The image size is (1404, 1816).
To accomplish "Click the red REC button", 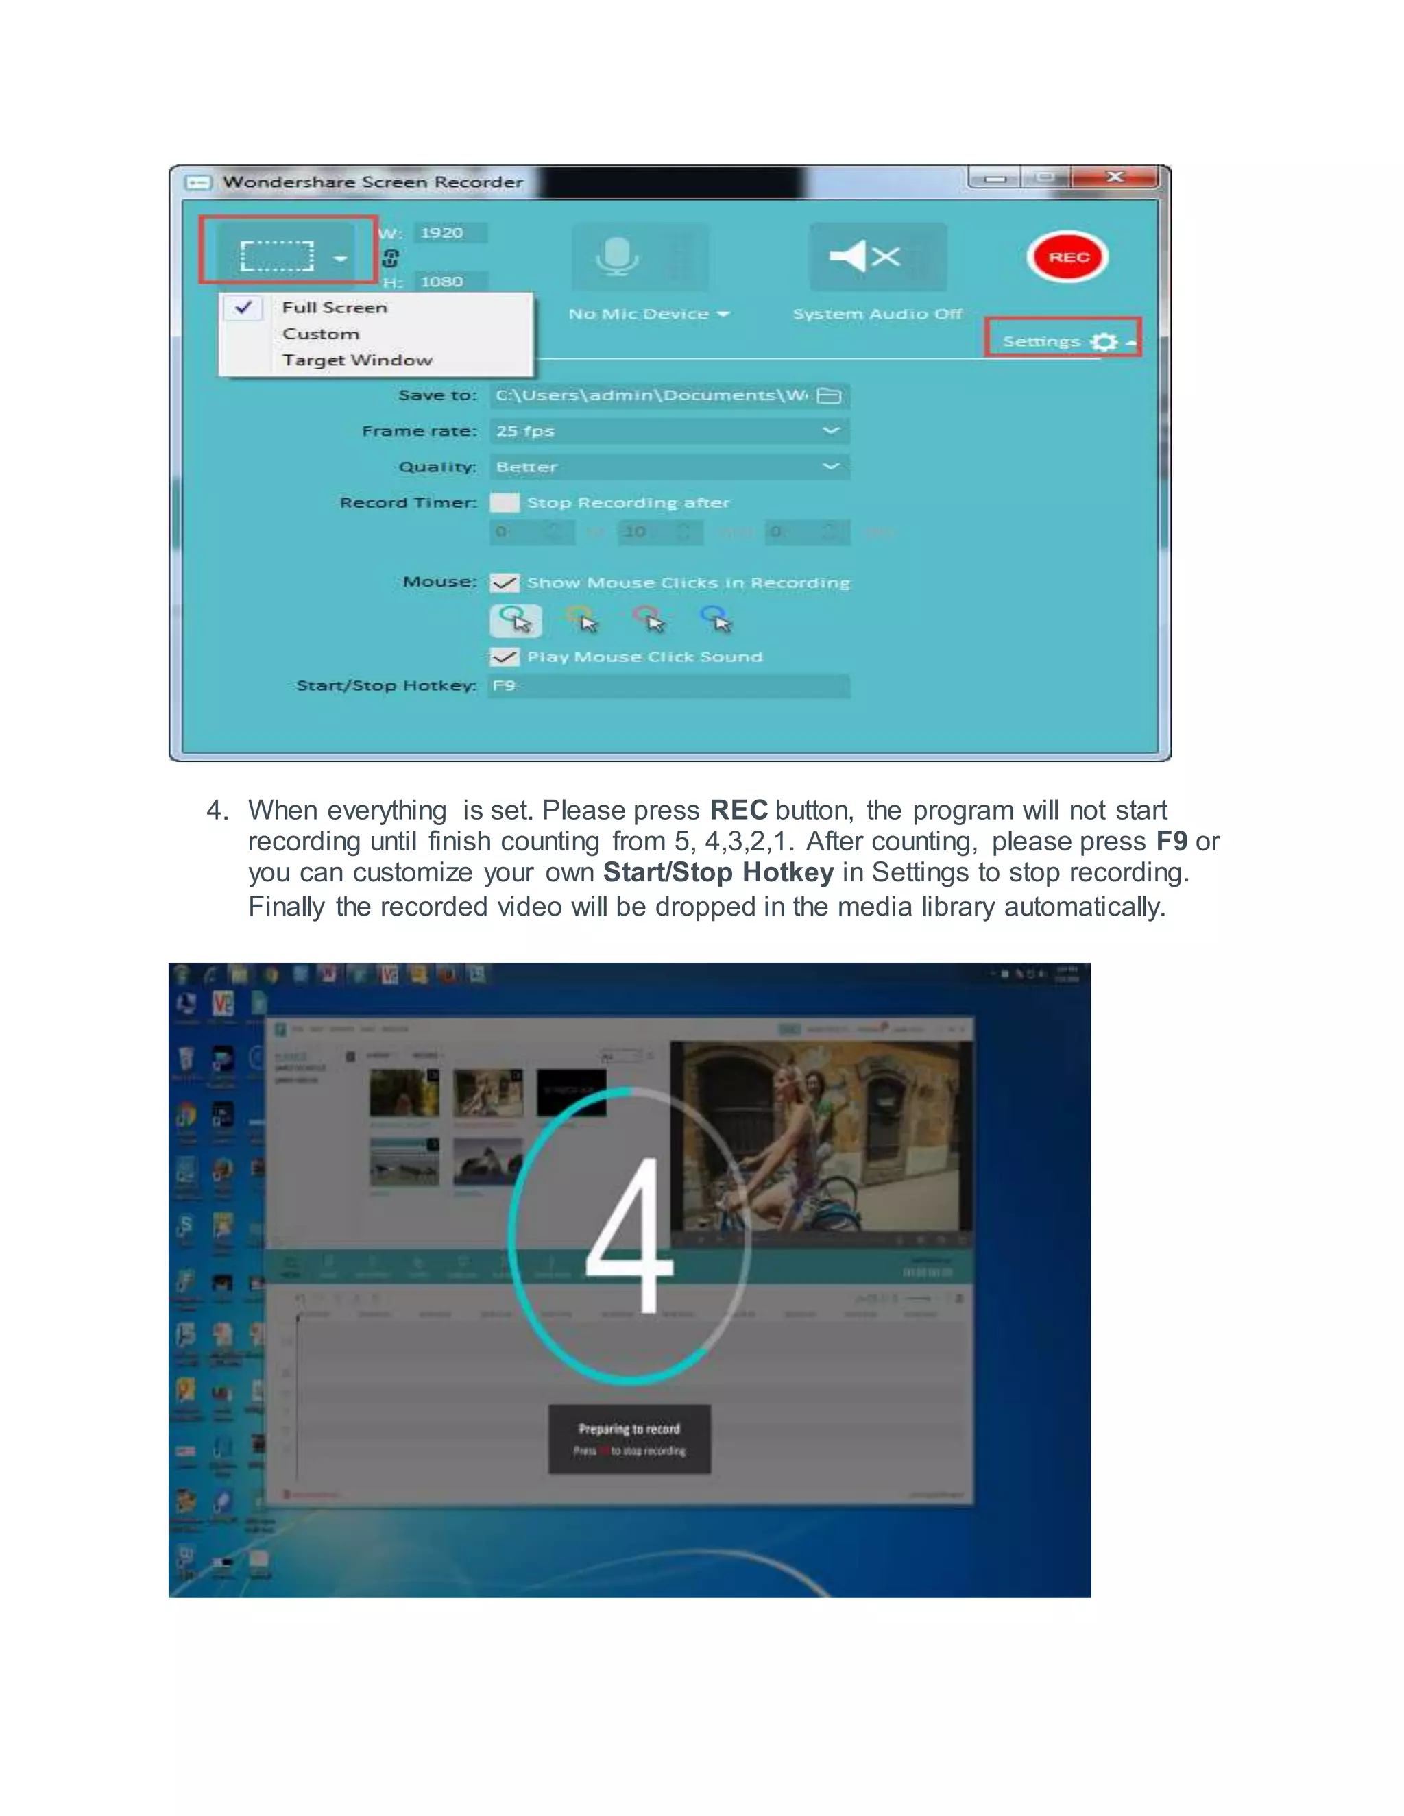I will coord(1067,257).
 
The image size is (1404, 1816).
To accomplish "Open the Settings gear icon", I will coord(1103,342).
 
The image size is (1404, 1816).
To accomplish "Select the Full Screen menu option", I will coord(335,308).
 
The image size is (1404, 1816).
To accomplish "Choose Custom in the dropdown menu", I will coord(321,334).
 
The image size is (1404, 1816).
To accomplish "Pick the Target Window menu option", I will coord(356,360).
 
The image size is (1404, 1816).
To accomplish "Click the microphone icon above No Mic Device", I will coord(617,256).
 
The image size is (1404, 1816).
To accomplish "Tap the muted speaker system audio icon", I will coord(866,256).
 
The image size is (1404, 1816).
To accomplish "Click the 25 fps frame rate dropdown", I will coord(668,431).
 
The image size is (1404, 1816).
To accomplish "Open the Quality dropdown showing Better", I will coord(668,467).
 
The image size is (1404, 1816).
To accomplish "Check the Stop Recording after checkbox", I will coord(504,502).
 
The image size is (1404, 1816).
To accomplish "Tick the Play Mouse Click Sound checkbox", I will coord(504,657).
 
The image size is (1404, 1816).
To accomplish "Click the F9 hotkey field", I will coord(668,686).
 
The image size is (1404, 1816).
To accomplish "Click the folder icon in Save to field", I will coord(830,396).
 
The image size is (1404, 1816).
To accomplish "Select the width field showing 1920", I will coord(449,233).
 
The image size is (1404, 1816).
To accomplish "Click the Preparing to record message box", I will coord(629,1439).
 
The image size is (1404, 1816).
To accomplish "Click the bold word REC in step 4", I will coord(738,810).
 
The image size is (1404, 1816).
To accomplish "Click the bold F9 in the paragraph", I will coord(1171,842).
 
